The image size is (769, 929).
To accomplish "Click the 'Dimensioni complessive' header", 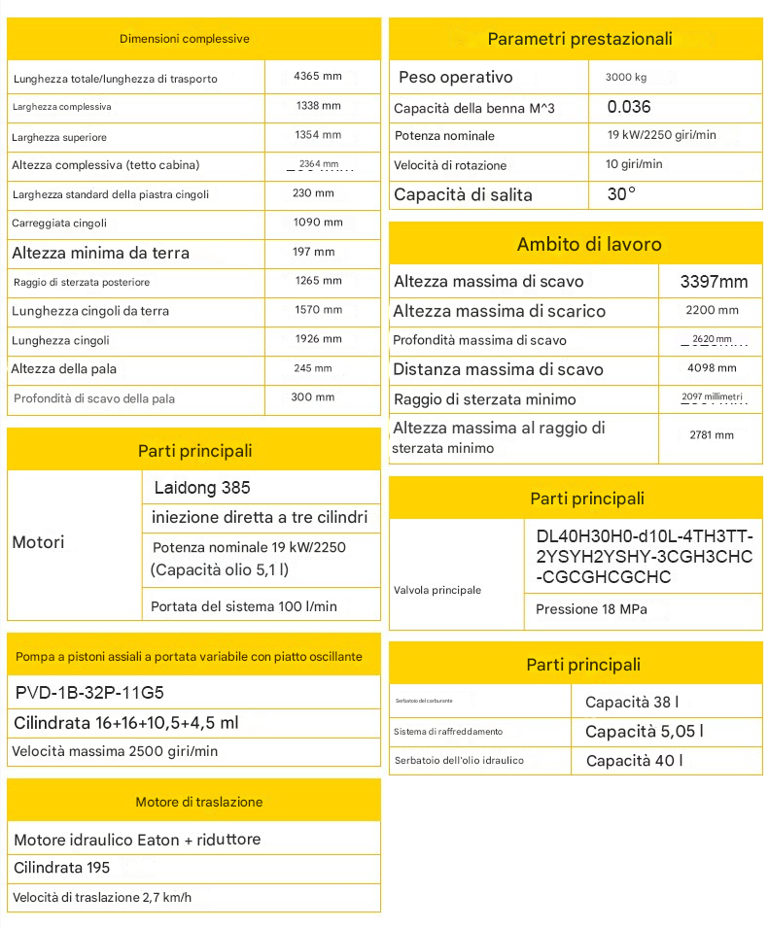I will click(185, 39).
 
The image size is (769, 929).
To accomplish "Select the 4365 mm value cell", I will click(319, 76).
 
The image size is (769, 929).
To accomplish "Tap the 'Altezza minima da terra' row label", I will click(101, 253).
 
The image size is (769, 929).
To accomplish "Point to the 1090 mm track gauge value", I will click(318, 223).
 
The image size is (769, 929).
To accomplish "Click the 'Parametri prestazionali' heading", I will click(579, 39).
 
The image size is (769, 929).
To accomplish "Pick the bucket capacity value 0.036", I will click(629, 107).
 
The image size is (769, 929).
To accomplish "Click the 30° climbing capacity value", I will click(621, 194).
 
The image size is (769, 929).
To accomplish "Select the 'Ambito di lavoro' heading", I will click(589, 244).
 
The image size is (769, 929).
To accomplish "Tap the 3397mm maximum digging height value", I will click(714, 282).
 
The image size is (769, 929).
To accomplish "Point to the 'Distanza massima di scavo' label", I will click(498, 369).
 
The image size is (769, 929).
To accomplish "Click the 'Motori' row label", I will click(39, 542).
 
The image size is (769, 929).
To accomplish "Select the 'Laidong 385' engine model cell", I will click(202, 488).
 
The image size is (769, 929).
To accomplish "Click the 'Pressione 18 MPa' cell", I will click(591, 609).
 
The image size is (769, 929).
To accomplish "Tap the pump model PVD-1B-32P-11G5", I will click(90, 693).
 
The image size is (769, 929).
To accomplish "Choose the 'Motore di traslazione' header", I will click(198, 802).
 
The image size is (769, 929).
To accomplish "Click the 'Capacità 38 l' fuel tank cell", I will click(632, 702).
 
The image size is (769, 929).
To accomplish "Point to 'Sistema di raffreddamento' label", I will click(448, 732).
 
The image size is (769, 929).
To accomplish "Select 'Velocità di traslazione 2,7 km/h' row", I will click(103, 897).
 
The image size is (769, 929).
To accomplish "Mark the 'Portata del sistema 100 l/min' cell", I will click(244, 606).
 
